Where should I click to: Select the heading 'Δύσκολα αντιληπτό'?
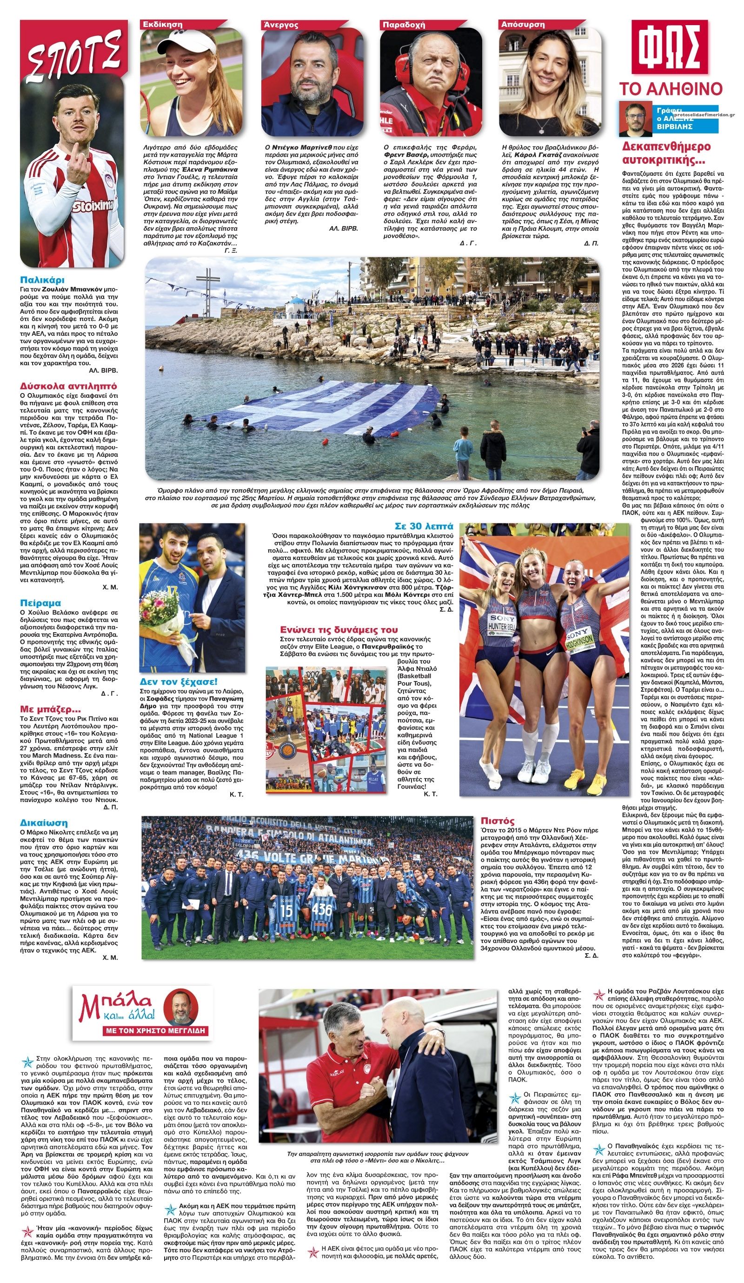(68, 385)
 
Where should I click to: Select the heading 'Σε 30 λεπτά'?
(424, 526)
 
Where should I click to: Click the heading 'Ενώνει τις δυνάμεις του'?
(339, 629)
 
